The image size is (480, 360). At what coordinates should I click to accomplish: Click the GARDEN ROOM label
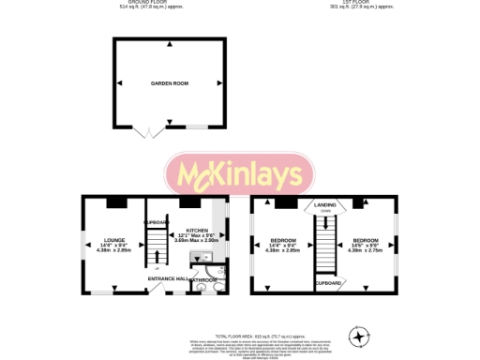[x=170, y=83]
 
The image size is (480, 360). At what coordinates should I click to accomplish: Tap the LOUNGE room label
[x=114, y=240]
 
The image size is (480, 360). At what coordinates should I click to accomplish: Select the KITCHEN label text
[x=198, y=230]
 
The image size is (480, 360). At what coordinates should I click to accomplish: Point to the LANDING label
[x=325, y=204]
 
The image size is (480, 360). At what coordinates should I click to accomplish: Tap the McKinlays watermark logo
[x=241, y=174]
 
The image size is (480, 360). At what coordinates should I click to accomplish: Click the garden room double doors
[x=145, y=132]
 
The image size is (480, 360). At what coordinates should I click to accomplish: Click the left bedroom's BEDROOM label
[x=283, y=240]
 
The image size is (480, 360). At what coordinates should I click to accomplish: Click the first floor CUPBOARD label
[x=327, y=282]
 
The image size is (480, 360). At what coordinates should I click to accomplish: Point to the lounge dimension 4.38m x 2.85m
[x=114, y=250]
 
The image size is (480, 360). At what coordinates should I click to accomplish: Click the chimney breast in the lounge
[x=116, y=201]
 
